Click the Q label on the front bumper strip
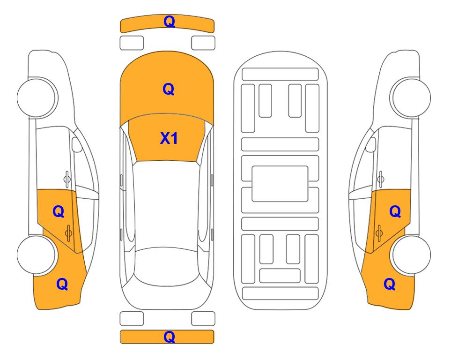click(169, 22)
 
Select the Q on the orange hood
click(169, 89)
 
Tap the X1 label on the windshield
click(169, 138)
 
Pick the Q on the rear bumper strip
click(169, 337)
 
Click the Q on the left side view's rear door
click(59, 212)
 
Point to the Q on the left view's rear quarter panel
click(62, 284)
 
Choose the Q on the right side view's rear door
click(395, 212)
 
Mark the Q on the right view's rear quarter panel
click(390, 284)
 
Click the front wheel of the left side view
click(37, 97)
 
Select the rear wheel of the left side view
click(37, 255)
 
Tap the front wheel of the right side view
click(411, 97)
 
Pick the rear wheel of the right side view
click(411, 255)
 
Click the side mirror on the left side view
click(77, 144)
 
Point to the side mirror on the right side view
click(371, 144)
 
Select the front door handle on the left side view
click(67, 179)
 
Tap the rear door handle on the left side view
click(68, 233)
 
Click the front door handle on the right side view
click(381, 179)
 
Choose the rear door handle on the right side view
click(379, 233)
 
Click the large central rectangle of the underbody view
click(280, 184)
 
